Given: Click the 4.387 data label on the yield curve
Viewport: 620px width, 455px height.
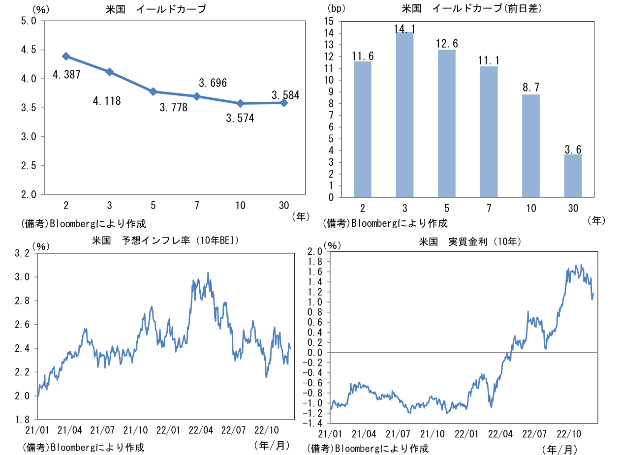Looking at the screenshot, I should (x=66, y=75).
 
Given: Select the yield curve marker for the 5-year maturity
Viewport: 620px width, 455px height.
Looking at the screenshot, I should (x=153, y=91).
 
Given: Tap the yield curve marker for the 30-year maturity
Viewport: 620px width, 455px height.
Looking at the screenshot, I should (x=284, y=103).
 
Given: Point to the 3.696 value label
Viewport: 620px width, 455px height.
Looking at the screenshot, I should (x=213, y=83).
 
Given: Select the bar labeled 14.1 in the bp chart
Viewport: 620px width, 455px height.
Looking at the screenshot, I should (x=404, y=115).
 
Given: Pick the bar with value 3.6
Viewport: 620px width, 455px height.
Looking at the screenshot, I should (x=573, y=176).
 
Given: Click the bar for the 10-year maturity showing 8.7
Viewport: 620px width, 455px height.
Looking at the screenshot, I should (x=531, y=146).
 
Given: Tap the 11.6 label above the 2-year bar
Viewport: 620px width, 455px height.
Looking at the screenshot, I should (x=363, y=56).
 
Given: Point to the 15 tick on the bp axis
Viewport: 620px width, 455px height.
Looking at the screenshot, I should (x=328, y=22).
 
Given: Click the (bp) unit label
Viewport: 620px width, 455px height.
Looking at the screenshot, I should (x=337, y=8).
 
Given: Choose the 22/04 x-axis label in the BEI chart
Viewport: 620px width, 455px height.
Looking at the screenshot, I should (x=201, y=429).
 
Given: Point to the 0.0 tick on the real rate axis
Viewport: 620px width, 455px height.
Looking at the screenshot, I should (x=315, y=353).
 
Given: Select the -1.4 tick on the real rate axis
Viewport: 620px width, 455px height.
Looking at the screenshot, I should (x=313, y=424).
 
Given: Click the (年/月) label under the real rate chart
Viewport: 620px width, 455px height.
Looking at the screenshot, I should (x=559, y=449).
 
